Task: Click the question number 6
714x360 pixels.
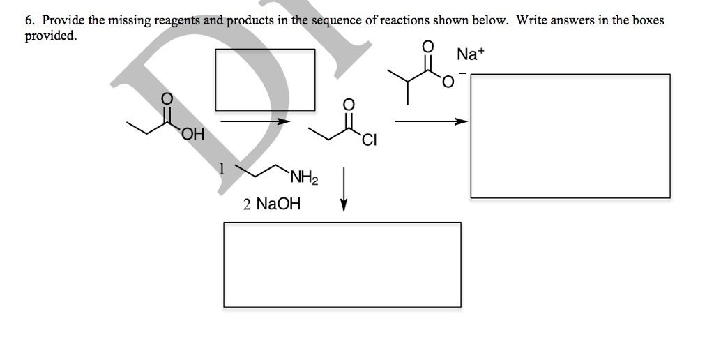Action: point(29,21)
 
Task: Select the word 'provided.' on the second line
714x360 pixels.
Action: point(50,35)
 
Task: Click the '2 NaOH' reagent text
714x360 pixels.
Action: point(271,204)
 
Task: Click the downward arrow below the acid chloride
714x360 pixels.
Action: point(343,188)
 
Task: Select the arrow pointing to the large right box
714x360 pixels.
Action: point(430,122)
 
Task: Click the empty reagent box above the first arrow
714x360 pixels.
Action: point(265,79)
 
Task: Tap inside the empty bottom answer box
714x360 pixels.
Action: point(342,264)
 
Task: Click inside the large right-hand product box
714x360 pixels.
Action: point(570,136)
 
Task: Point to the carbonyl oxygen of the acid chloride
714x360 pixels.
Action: point(349,105)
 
